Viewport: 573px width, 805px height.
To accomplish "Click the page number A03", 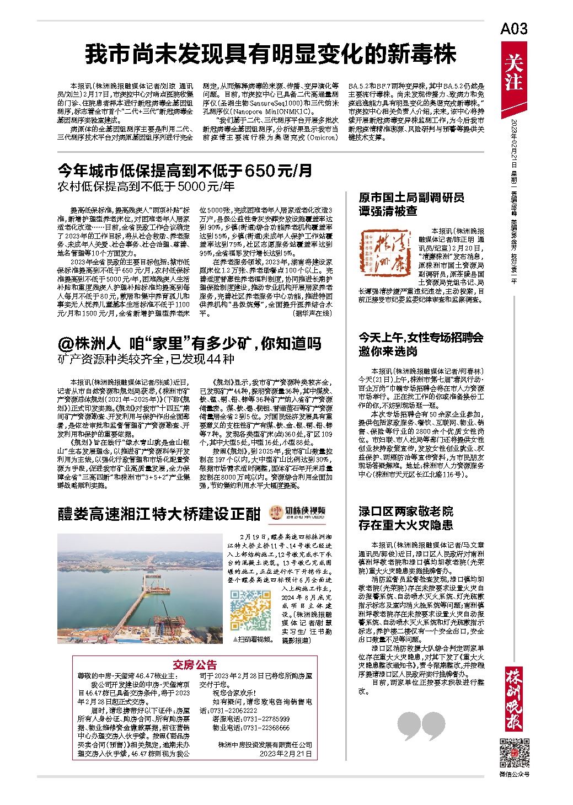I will pyautogui.click(x=514, y=29).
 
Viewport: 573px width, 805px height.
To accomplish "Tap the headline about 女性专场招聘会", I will pyautogui.click(x=421, y=344).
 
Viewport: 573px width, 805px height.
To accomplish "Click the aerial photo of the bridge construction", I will pyautogui.click(x=140, y=588).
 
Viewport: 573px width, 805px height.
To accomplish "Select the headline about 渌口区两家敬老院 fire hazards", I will pyautogui.click(x=406, y=518).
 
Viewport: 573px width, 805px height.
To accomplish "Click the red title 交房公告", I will pyautogui.click(x=195, y=664).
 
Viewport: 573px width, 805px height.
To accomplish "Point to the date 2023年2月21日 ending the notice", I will pyautogui.click(x=285, y=753).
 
